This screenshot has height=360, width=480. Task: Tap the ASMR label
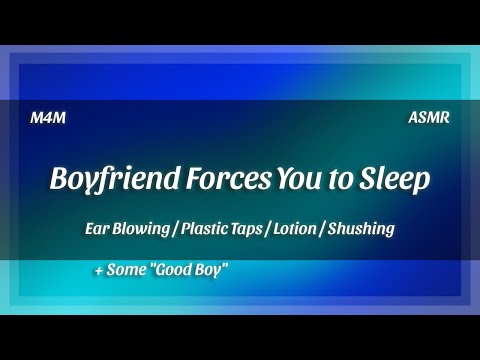[x=429, y=117]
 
